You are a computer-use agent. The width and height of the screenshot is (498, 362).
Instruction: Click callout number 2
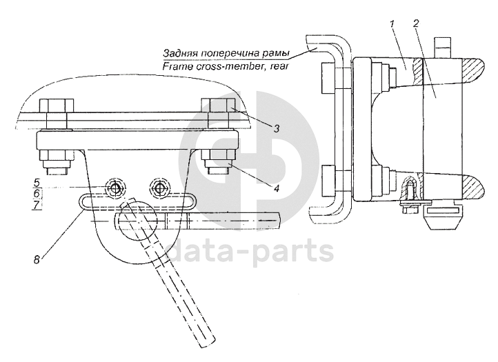pos(417,24)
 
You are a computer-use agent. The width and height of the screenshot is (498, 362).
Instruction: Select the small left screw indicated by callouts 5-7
pos(114,188)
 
